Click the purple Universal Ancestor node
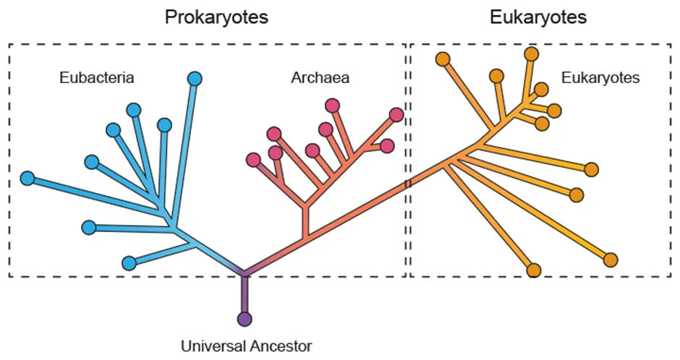(x=245, y=318)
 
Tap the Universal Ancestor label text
(x=247, y=346)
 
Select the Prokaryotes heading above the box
(x=216, y=17)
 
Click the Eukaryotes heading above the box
(x=537, y=17)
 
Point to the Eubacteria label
(x=96, y=77)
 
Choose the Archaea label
(x=320, y=77)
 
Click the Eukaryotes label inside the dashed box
(x=600, y=77)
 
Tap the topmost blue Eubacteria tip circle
(x=195, y=78)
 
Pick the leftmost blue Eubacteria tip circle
(x=27, y=178)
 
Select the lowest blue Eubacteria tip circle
(x=129, y=262)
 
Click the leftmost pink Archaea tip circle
(x=253, y=160)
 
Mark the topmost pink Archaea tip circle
(x=333, y=106)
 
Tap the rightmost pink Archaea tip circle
(x=396, y=114)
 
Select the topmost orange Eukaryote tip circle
(x=531, y=53)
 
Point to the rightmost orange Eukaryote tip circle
(x=611, y=259)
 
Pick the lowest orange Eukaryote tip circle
(x=534, y=270)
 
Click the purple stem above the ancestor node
(x=245, y=295)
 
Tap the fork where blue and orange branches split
(x=245, y=273)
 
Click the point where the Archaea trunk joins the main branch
(x=306, y=239)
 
